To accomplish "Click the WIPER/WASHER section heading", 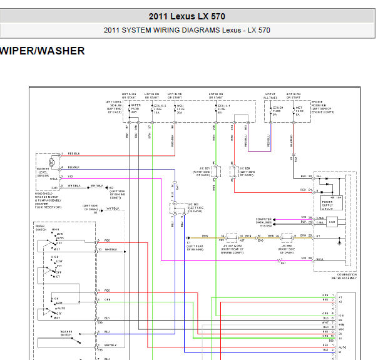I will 43,51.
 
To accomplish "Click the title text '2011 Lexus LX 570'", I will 187,16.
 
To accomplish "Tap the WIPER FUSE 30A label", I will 135,110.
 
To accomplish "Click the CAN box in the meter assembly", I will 332,221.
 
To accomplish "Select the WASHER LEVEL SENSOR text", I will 43,173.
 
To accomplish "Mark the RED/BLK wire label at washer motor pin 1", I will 74,153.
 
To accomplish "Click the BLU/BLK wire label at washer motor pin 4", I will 74,168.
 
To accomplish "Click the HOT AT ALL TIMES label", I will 270,95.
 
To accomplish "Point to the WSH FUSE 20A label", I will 179,110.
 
